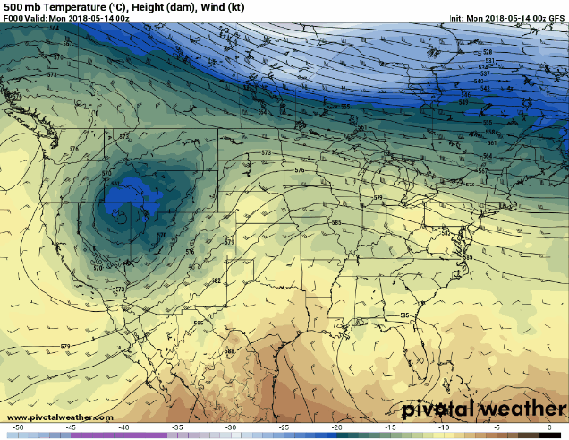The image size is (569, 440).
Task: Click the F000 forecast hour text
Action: coord(13,18)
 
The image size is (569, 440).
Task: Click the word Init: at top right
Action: coord(456,18)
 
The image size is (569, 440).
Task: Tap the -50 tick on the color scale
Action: coord(18,428)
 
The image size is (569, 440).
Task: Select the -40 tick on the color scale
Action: coord(124,428)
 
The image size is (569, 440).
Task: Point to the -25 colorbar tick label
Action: coord(284,428)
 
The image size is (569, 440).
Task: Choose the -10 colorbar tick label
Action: coord(443,428)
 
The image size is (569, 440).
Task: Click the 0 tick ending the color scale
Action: coord(548,428)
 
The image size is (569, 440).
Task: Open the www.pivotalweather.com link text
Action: coord(60,418)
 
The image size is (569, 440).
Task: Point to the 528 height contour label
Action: coord(488,52)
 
